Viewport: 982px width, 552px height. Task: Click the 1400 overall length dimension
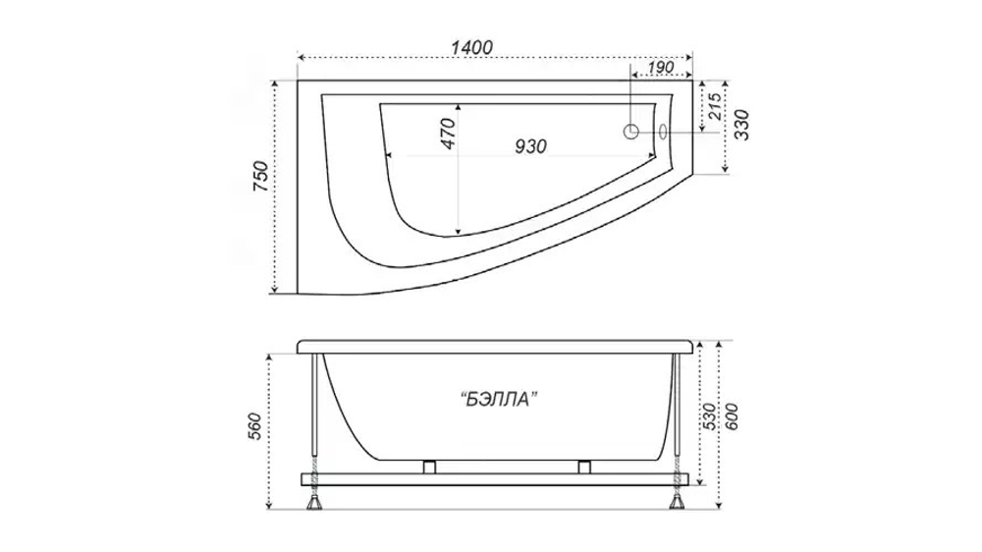pos(471,47)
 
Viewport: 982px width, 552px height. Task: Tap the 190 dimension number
pos(660,68)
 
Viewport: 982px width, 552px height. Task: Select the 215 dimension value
pos(715,106)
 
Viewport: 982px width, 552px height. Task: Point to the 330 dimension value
pos(740,125)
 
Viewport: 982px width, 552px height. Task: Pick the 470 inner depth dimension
pos(449,134)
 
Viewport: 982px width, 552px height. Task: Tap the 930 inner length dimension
pos(530,146)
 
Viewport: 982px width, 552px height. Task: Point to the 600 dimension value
pos(731,416)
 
